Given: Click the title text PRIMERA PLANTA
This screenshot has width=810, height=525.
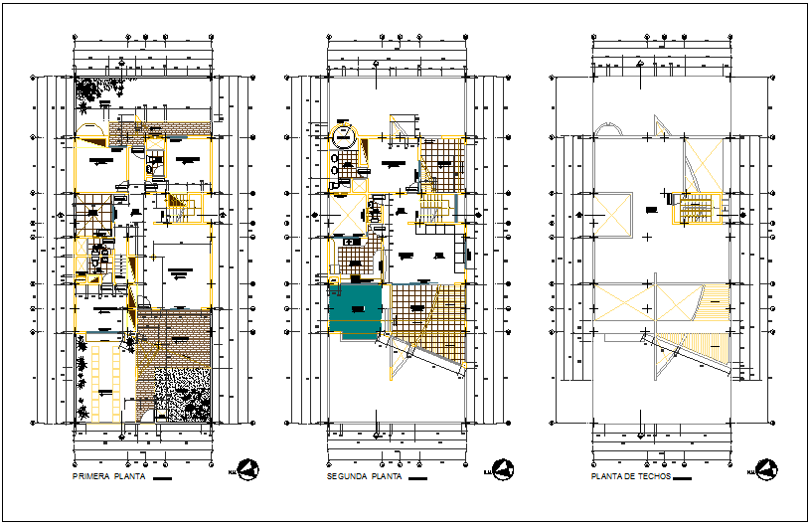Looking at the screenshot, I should (109, 477).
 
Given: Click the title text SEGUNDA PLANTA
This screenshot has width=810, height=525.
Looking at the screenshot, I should (364, 477).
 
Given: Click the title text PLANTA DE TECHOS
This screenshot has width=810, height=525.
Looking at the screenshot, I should (631, 477).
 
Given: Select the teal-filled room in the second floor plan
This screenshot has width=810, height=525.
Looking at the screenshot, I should (355, 311).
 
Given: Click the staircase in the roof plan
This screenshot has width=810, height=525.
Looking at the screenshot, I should (692, 210).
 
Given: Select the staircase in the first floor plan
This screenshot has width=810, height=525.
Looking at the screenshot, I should (179, 209).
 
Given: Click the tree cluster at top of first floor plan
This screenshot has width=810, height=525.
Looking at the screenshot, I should (94, 92).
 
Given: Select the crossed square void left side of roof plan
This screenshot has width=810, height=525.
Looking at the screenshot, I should (609, 214).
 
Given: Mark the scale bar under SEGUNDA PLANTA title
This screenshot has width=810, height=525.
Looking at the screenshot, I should (418, 478).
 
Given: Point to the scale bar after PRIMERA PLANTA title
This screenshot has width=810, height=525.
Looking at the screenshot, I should (163, 478).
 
